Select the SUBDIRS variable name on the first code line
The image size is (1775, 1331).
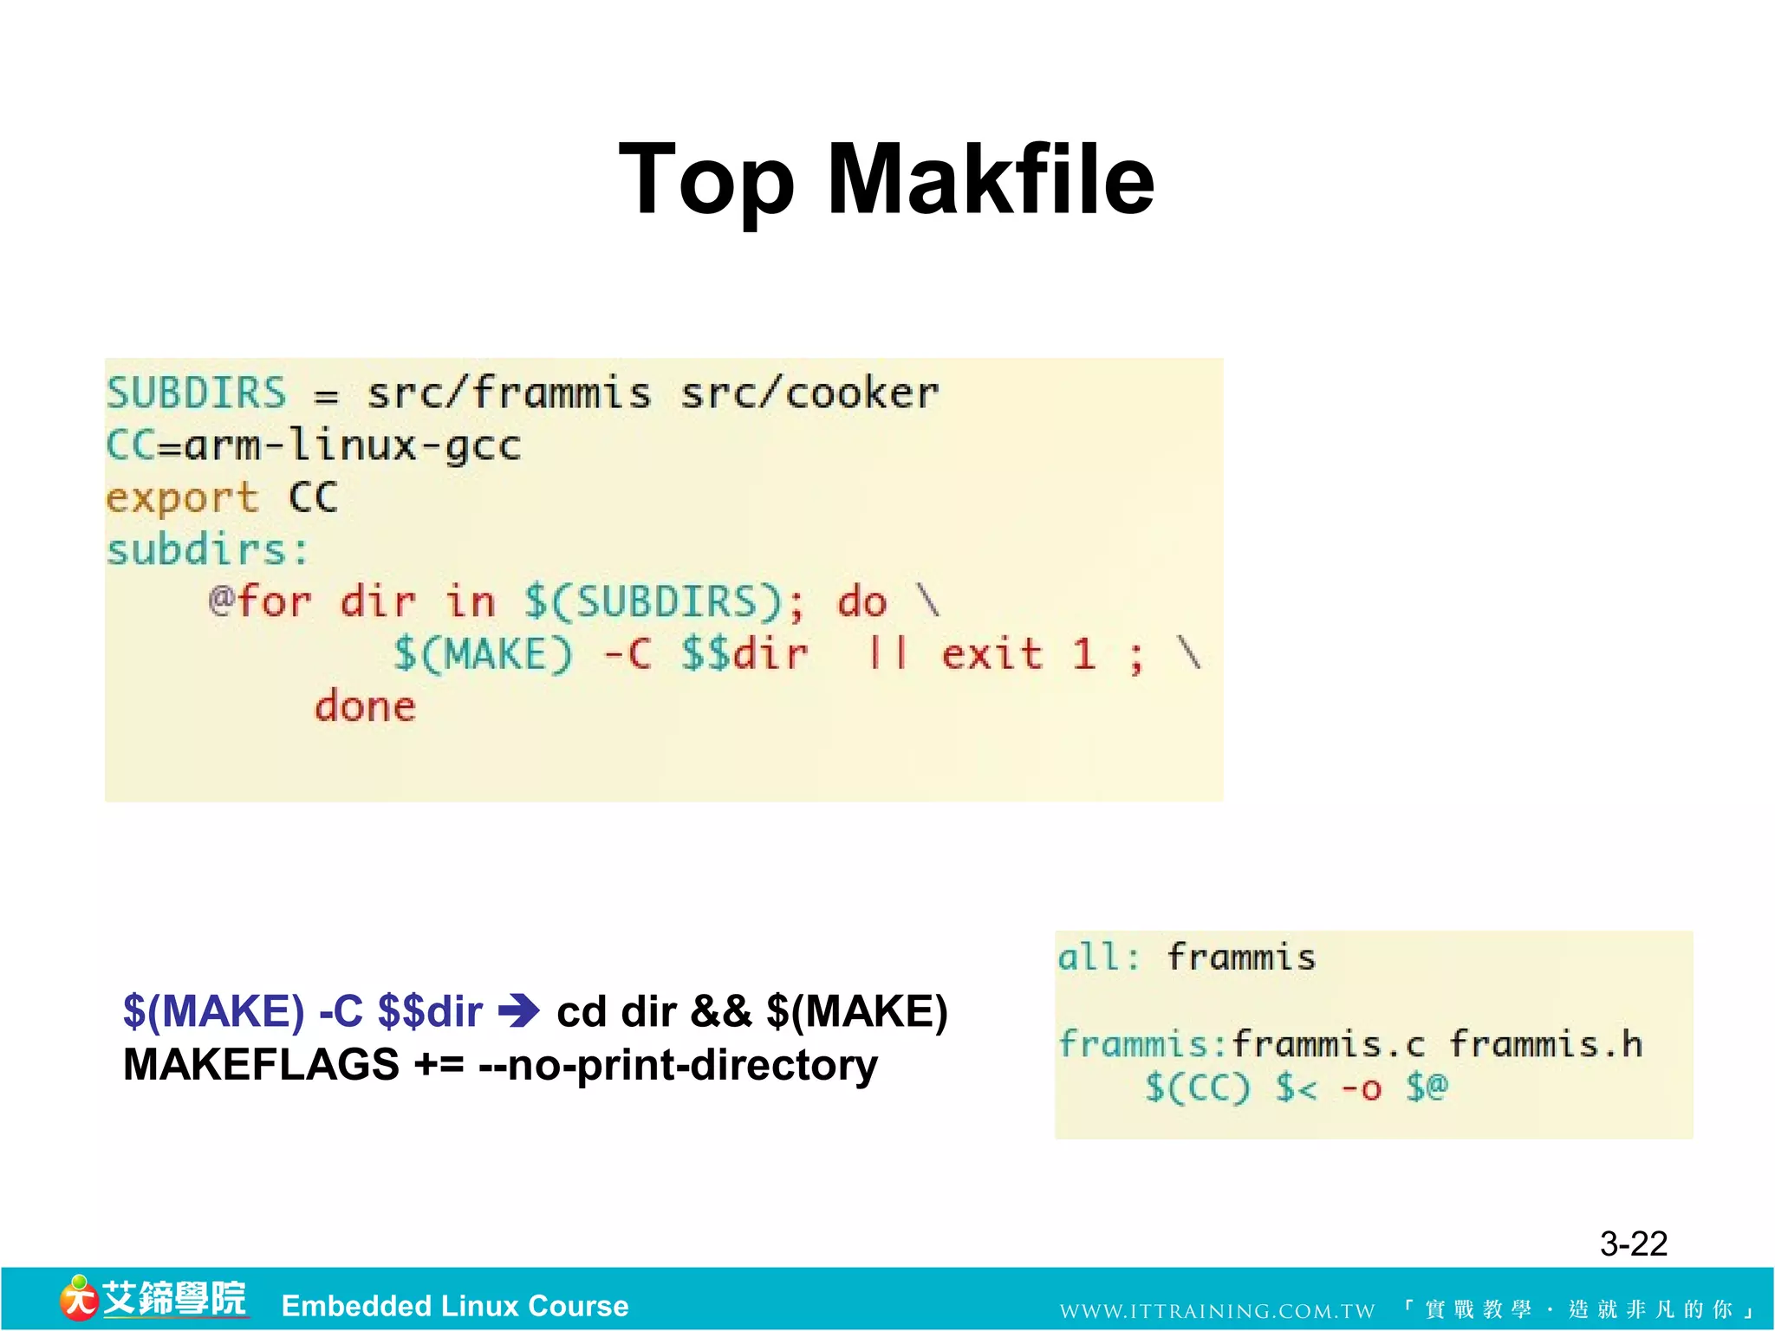tap(196, 393)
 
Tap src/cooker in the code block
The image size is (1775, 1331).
tap(809, 394)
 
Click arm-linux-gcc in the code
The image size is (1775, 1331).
tap(353, 446)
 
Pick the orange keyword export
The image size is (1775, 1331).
tap(182, 498)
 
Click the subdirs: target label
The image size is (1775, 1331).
tap(207, 550)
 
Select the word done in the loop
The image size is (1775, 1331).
tap(365, 706)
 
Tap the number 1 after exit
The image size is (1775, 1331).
tap(1083, 654)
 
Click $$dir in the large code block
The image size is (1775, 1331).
tap(744, 654)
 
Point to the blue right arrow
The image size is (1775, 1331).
tap(519, 1011)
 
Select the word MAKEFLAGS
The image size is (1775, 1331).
tap(261, 1065)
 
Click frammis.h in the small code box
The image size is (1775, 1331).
tap(1545, 1044)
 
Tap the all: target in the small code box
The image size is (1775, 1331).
tap(1098, 958)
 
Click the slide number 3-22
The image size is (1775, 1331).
tap(1633, 1244)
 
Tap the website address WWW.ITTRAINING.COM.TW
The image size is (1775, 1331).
tap(1217, 1311)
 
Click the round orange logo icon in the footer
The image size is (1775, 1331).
tap(78, 1298)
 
